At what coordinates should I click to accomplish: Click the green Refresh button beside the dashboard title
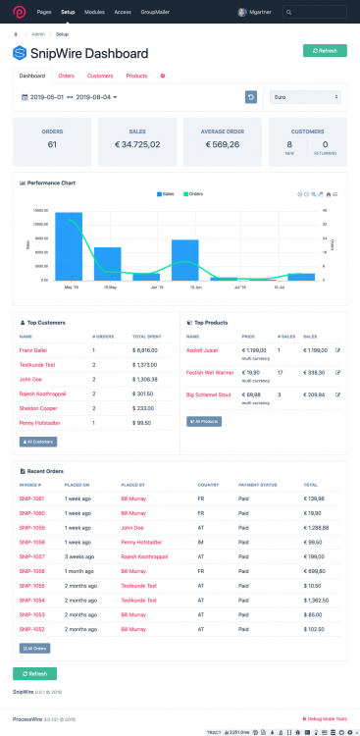[324, 50]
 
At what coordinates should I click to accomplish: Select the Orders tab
[66, 76]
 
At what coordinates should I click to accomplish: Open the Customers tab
[100, 76]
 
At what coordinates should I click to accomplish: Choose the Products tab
[137, 76]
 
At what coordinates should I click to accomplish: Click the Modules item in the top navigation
[95, 12]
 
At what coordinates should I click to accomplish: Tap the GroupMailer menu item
[158, 12]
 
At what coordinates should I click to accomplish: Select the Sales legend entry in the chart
[166, 194]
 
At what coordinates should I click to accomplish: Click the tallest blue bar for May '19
[69, 245]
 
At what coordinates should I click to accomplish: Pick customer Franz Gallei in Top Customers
[33, 349]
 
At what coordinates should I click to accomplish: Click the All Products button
[205, 421]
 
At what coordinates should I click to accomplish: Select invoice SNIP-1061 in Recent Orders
[31, 499]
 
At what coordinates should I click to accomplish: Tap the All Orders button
[34, 648]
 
